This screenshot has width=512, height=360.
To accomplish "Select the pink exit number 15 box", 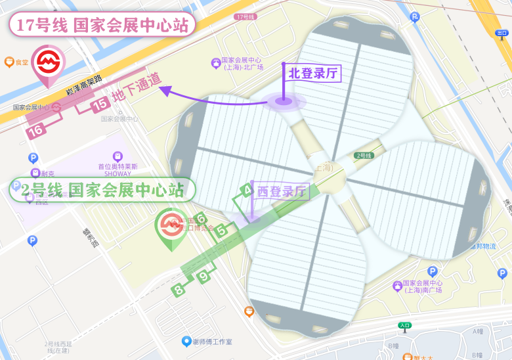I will tap(100, 103).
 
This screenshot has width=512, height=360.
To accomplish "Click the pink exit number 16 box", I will tap(37, 130).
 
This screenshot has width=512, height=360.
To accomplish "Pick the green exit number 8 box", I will tap(179, 289).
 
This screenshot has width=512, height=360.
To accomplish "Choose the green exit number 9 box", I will tap(204, 277).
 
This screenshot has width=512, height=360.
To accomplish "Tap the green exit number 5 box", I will tap(222, 230).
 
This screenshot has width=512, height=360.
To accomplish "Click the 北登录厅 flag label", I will tap(313, 73).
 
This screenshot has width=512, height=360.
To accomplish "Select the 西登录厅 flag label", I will tap(281, 192).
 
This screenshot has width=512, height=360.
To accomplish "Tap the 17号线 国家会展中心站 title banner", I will tap(102, 26).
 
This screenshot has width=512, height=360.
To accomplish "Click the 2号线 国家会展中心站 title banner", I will tap(102, 190).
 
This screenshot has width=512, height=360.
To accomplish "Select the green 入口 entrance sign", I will tap(404, 325).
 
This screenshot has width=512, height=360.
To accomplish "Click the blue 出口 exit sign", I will tap(502, 32).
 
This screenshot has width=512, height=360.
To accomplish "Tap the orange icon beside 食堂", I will tap(9, 62).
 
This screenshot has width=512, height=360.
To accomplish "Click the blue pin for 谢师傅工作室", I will tap(186, 341).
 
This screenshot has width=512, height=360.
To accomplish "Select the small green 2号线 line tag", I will tap(364, 156).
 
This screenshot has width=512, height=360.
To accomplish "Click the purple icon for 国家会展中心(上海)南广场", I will tap(397, 286).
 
